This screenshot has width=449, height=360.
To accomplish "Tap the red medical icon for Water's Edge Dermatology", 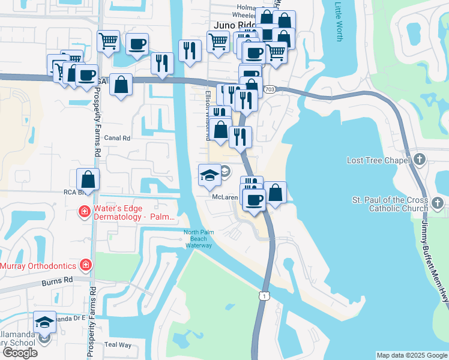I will pyautogui.click(x=85, y=212).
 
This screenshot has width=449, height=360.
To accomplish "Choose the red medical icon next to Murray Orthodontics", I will pyautogui.click(x=86, y=265).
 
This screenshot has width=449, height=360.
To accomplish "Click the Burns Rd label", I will pyautogui.click(x=57, y=280).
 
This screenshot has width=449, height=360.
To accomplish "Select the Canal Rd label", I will pyautogui.click(x=117, y=137).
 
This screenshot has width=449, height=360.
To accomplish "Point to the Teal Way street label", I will pyautogui.click(x=118, y=344).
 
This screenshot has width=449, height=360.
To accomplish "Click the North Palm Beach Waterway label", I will pyautogui.click(x=198, y=239).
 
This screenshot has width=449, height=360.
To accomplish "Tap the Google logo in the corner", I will pyautogui.click(x=20, y=353).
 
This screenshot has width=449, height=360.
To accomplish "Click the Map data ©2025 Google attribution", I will pyautogui.click(x=412, y=355).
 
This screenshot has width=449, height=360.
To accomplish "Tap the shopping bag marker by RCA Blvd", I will pyautogui.click(x=88, y=179).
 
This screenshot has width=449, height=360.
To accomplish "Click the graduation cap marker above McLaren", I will pyautogui.click(x=209, y=175).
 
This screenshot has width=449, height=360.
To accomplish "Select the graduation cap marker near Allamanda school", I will pyautogui.click(x=45, y=322).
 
